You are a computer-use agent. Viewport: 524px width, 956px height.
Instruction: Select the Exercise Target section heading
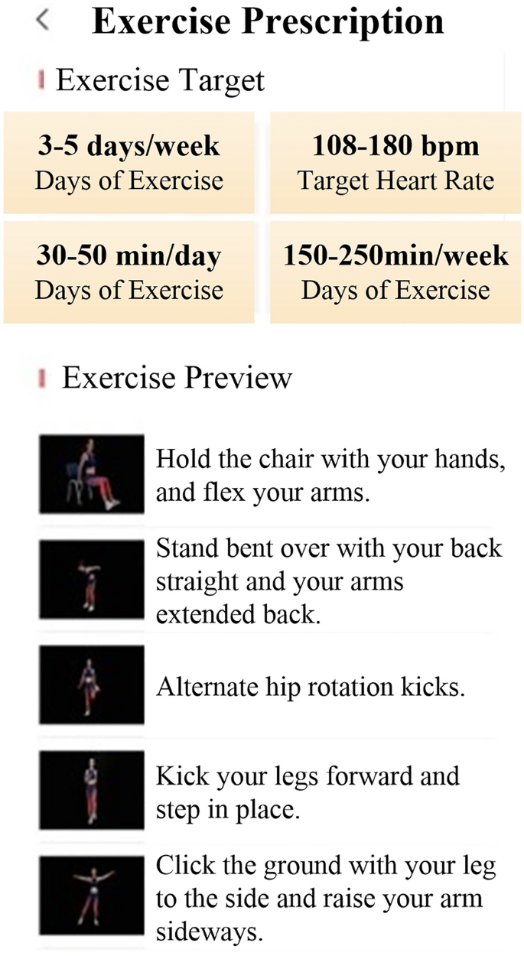click(x=160, y=80)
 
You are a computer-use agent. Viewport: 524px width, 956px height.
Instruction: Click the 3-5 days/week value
click(x=129, y=146)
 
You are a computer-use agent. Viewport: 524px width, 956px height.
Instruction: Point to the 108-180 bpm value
click(x=395, y=145)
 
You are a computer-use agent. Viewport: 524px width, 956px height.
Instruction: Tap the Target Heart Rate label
click(x=395, y=181)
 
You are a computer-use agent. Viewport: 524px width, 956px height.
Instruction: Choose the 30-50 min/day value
click(x=129, y=255)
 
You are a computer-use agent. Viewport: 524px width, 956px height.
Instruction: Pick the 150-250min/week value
click(x=395, y=255)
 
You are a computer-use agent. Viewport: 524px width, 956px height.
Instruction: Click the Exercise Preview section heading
click(x=177, y=378)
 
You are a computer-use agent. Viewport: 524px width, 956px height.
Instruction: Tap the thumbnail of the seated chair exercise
click(x=92, y=474)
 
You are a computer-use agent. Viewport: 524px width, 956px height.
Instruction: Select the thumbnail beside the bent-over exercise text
click(x=92, y=579)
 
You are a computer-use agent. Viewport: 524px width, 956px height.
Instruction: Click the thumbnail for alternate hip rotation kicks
click(x=92, y=684)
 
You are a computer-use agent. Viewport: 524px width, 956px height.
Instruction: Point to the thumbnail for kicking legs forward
click(x=92, y=790)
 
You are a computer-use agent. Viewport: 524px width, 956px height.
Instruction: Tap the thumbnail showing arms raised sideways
click(x=92, y=895)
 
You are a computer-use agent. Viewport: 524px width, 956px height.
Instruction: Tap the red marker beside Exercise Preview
click(x=43, y=378)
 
